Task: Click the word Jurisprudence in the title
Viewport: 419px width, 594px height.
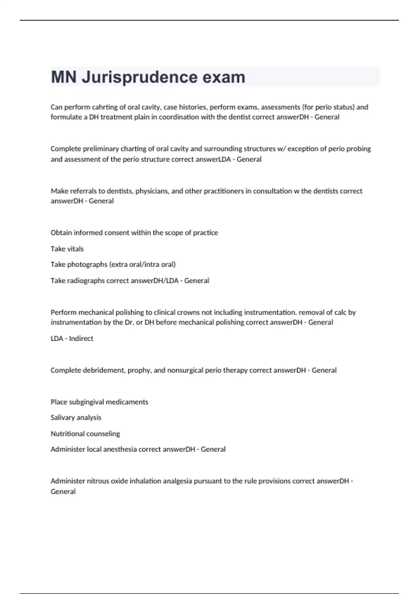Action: (140, 77)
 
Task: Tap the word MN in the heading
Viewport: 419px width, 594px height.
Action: (64, 77)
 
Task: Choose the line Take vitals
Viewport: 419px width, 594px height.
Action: (67, 249)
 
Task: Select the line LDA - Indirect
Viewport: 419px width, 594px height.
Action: (72, 338)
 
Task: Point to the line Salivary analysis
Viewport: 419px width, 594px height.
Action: (76, 418)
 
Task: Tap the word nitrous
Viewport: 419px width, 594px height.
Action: (97, 481)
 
